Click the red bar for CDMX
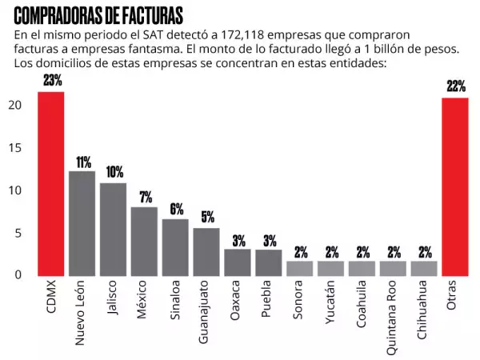pyautogui.click(x=51, y=183)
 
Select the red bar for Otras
pyautogui.click(x=455, y=186)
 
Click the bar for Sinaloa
pyautogui.click(x=174, y=246)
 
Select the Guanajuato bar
pyautogui.click(x=206, y=250)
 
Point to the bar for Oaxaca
pyautogui.click(x=238, y=261)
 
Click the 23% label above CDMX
pyautogui.click(x=53, y=81)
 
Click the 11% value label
pyautogui.click(x=83, y=162)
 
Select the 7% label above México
pyautogui.click(x=145, y=198)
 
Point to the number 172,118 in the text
pyautogui.click(x=245, y=36)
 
